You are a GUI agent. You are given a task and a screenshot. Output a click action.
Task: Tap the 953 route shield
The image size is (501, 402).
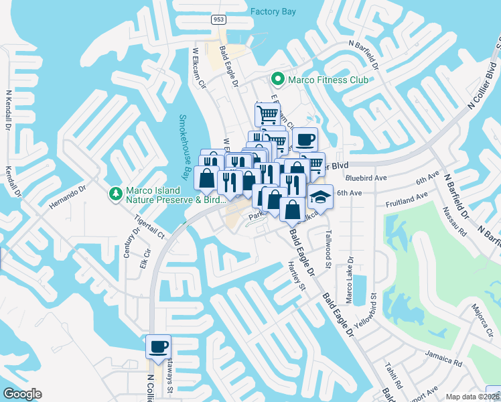pyautogui.click(x=218, y=20)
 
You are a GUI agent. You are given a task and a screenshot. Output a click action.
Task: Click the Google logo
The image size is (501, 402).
pyautogui.click(x=22, y=393)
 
